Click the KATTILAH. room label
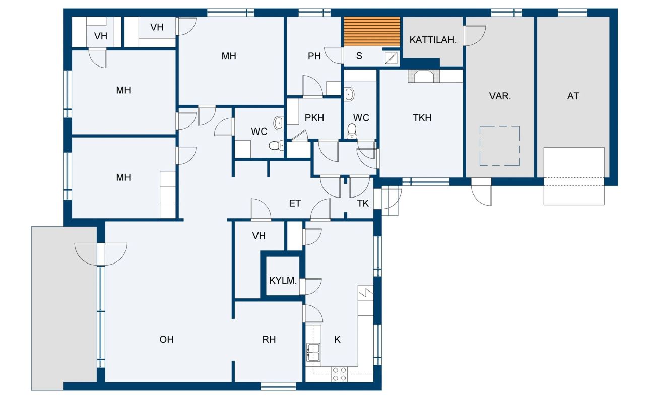click(x=433, y=40)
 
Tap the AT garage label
click(x=573, y=96)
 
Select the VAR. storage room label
click(x=500, y=96)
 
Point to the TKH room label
click(x=422, y=118)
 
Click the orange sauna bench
click(x=371, y=31)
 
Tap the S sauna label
click(x=359, y=56)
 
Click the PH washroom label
click(x=314, y=56)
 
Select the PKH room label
click(x=314, y=118)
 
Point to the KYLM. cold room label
click(x=283, y=280)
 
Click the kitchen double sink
click(x=314, y=351)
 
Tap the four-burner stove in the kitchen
click(x=339, y=373)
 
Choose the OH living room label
click(x=166, y=340)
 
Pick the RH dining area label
click(x=269, y=340)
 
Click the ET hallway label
click(x=295, y=204)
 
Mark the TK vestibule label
click(x=363, y=204)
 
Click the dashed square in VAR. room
click(x=499, y=146)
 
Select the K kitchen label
click(x=337, y=340)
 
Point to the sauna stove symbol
click(x=391, y=58)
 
